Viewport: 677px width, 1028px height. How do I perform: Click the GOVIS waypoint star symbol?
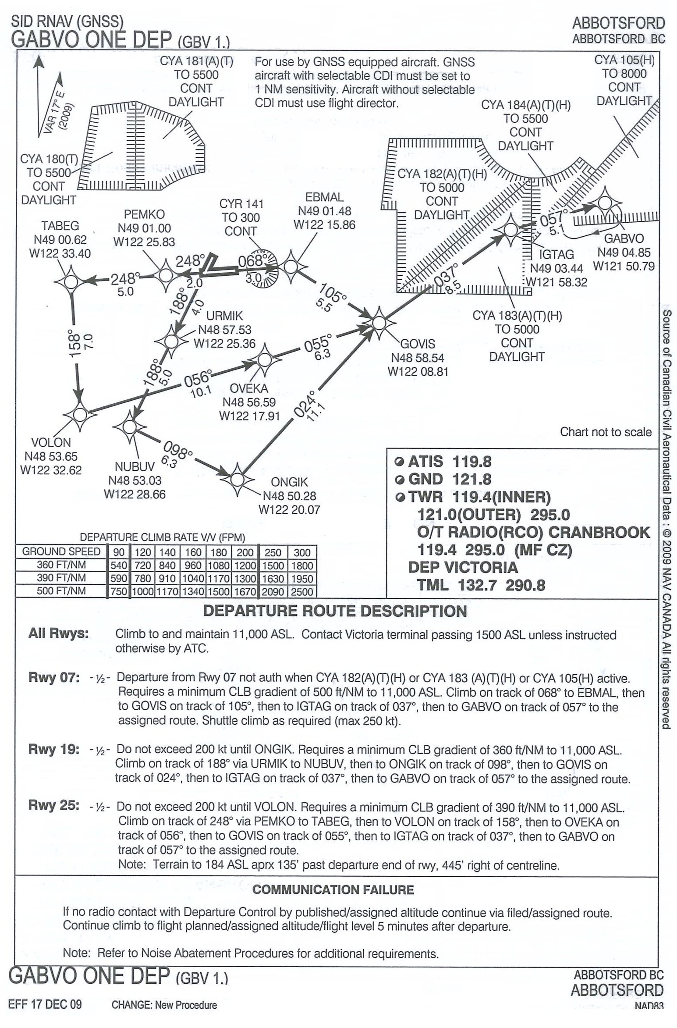click(379, 323)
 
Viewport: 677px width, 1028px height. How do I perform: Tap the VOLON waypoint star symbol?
click(80, 414)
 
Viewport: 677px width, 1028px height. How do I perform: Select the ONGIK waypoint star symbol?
click(237, 480)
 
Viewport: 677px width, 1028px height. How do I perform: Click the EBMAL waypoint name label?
click(324, 197)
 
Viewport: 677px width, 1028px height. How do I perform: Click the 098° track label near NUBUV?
click(177, 450)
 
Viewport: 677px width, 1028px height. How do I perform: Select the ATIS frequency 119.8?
click(471, 462)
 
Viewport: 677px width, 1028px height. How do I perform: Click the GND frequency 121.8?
click(471, 479)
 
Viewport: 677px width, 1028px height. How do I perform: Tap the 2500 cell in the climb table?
click(302, 591)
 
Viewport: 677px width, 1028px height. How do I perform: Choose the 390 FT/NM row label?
click(61, 578)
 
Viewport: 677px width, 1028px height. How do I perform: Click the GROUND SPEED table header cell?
click(61, 551)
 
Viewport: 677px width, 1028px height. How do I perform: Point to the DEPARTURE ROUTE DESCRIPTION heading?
click(335, 611)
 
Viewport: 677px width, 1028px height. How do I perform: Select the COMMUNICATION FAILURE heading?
click(333, 889)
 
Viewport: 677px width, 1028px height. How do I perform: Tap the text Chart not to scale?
click(606, 432)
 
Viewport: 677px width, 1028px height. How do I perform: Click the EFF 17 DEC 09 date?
click(45, 1004)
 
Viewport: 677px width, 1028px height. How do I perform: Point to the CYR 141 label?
click(241, 204)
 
